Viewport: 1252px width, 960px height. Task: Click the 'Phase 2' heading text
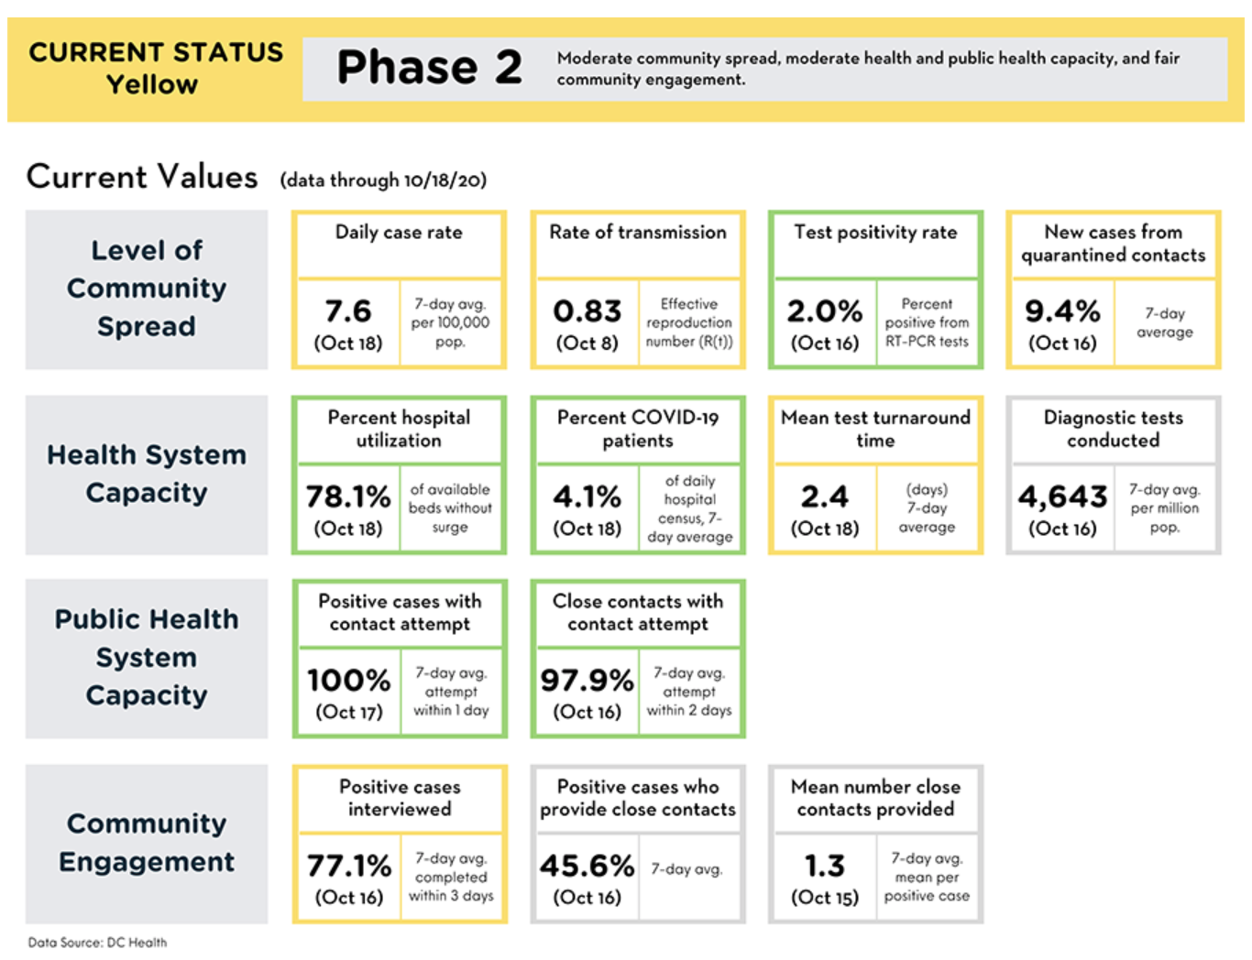430,67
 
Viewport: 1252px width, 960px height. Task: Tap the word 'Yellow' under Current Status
152,84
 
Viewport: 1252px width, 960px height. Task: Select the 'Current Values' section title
142,176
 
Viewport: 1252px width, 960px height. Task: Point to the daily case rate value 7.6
348,311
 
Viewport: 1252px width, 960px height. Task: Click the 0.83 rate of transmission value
588,311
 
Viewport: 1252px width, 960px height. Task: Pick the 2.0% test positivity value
825,311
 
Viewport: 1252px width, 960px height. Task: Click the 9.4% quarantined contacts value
1062,311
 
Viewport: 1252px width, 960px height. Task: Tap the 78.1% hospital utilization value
348,496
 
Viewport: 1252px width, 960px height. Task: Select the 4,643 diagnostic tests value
1062,496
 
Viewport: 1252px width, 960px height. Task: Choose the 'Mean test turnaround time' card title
875,429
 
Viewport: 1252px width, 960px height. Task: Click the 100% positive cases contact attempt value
348,680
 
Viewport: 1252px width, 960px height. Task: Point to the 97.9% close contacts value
588,680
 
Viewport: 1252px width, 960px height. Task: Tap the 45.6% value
588,866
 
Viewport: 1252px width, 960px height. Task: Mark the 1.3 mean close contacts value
825,866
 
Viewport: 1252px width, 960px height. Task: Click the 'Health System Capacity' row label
147,474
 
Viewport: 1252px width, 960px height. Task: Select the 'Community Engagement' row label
147,842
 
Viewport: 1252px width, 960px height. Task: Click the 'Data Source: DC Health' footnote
97,943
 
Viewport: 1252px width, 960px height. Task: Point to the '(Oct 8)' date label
588,343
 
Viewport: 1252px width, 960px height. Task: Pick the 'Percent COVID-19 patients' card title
638,429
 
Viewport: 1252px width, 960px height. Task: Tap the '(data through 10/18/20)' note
383,180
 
